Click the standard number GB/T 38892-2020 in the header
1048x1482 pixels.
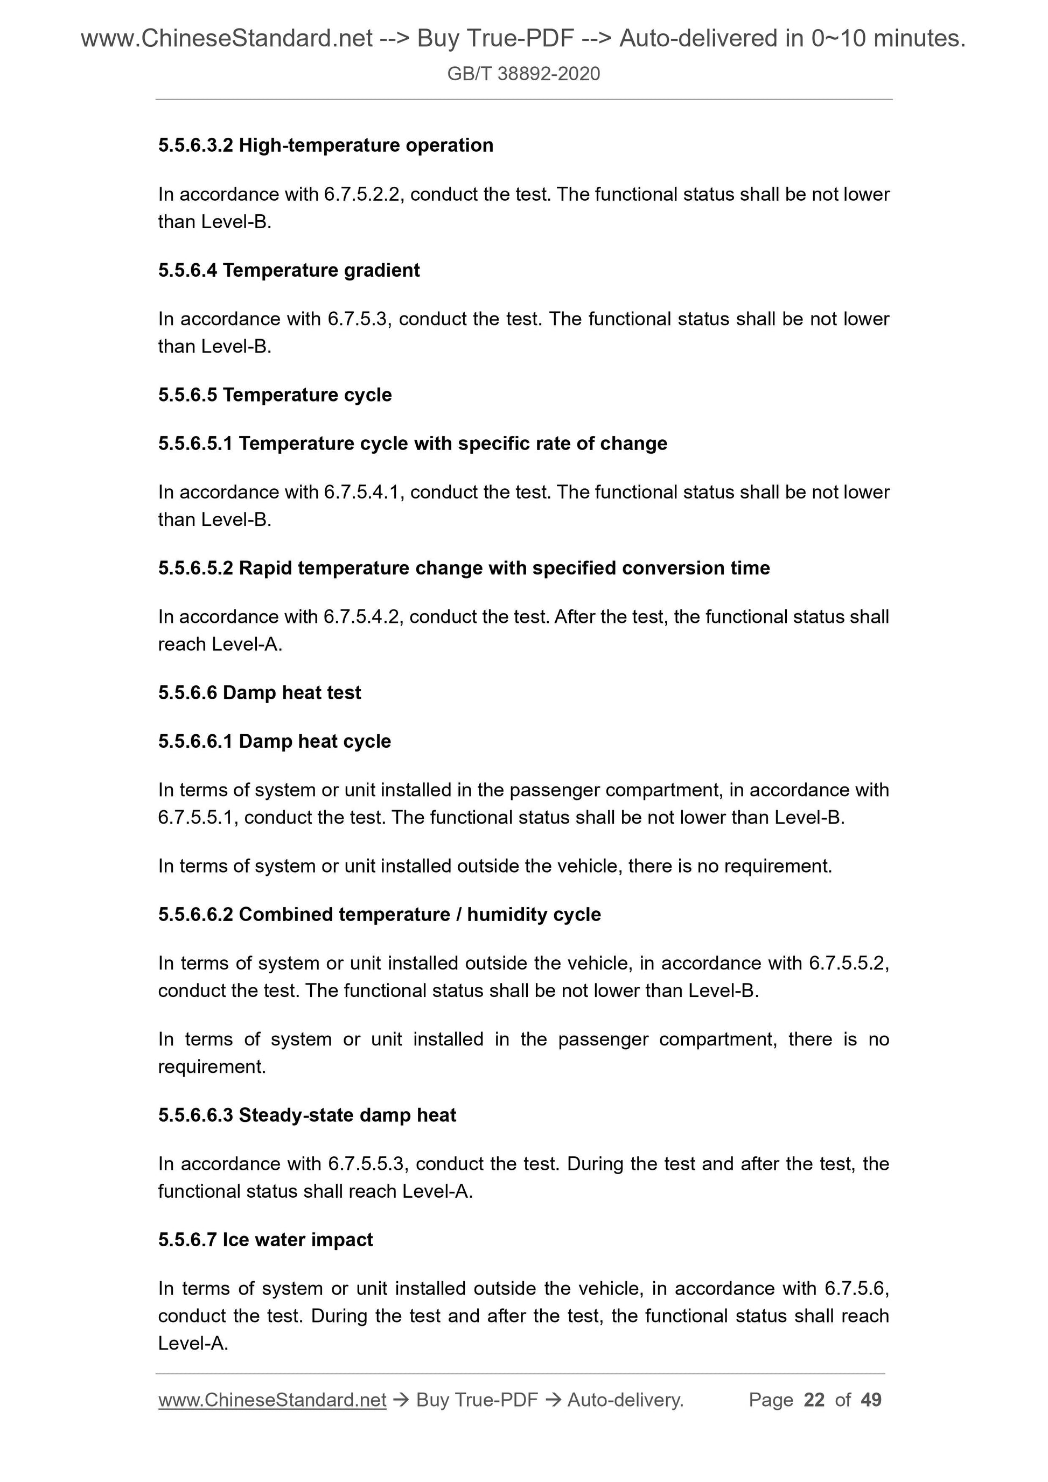pos(523,74)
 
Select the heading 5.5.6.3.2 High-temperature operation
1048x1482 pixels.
pos(325,145)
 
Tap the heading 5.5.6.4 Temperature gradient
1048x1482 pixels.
pos(289,270)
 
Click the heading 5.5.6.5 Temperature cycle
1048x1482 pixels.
pos(275,395)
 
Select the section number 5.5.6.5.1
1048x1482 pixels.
pos(195,444)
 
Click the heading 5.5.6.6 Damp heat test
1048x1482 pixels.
pos(260,693)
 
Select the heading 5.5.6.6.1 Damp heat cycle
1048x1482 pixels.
pos(275,741)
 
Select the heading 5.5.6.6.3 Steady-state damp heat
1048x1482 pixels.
pos(307,1115)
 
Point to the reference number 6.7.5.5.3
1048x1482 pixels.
pos(367,1164)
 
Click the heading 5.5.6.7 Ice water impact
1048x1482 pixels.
pos(266,1239)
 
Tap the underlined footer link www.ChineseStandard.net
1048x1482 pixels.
pos(272,1400)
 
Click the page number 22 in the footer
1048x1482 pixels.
pos(814,1400)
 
